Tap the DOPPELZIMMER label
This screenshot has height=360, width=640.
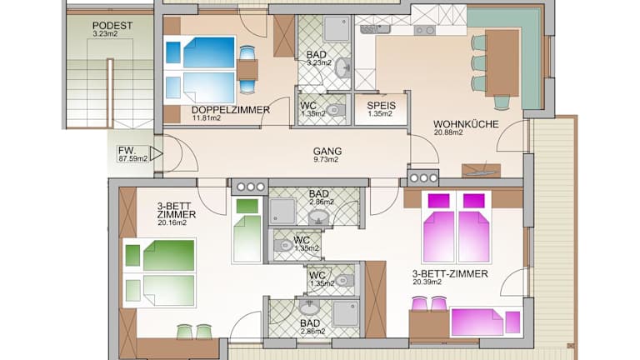point(231,110)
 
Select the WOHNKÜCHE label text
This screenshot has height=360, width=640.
point(466,124)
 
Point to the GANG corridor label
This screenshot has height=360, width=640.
point(327,152)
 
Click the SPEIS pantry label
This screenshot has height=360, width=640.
point(381,106)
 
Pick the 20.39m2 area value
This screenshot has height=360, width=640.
point(427,282)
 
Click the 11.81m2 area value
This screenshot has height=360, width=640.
point(207,118)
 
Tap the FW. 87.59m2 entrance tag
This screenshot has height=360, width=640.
point(132,154)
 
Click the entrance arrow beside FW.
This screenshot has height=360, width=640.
point(156,154)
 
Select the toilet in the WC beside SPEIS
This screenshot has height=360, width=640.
point(336,109)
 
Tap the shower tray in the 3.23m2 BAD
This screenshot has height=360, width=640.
point(337,29)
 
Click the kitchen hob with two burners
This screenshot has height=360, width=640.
point(425,30)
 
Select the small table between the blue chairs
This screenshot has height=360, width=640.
point(247,69)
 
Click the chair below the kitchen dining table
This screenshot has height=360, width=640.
point(502,102)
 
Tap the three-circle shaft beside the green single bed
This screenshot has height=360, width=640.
point(249,187)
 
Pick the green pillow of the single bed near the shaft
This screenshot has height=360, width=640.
point(247,206)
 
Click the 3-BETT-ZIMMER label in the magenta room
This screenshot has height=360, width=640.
point(450,274)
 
